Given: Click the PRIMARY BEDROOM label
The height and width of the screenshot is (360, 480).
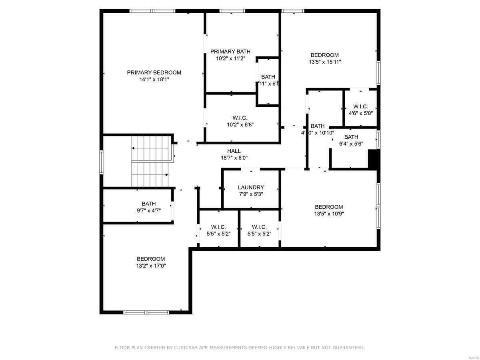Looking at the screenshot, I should [154, 72].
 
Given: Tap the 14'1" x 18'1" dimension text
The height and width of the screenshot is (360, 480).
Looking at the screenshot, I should [154, 80].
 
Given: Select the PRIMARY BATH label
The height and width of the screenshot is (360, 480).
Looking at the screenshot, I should [230, 51].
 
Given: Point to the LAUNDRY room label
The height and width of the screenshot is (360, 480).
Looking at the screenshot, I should [251, 187].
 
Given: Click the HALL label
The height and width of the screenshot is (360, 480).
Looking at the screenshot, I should [234, 151].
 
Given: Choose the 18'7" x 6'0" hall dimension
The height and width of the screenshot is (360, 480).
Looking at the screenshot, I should [234, 158].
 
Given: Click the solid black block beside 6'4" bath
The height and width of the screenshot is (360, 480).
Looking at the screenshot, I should [373, 159].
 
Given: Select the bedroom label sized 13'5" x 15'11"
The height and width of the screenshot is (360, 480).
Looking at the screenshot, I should [325, 55].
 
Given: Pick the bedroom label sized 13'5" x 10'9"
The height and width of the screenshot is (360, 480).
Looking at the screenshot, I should [329, 207].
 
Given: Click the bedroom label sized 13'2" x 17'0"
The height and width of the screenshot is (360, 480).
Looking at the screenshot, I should [151, 259].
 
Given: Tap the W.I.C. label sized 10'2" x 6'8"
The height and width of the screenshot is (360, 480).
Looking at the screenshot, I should [240, 118].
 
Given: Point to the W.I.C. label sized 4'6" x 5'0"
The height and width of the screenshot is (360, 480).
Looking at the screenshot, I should [360, 106].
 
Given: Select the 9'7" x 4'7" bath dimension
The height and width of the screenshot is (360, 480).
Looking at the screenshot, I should [149, 210].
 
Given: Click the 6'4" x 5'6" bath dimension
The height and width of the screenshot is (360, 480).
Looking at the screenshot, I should [351, 144].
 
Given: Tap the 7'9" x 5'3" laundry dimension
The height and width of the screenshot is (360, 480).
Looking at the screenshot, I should [251, 194].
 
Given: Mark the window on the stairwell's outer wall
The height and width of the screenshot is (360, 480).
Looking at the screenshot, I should [102, 162].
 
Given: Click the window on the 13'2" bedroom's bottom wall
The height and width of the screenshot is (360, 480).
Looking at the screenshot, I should [146, 312].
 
